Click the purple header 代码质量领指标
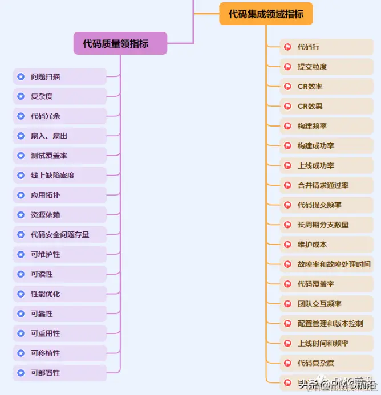(x=120, y=43)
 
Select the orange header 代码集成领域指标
(x=266, y=14)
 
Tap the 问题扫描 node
(x=60, y=76)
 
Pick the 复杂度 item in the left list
(x=60, y=96)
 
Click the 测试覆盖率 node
(x=60, y=156)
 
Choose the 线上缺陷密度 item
(x=60, y=176)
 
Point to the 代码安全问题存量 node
(x=60, y=234)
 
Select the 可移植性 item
(x=60, y=353)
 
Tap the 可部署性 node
(x=60, y=373)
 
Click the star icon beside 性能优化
(x=21, y=294)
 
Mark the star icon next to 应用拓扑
(x=21, y=195)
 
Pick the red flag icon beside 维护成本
(x=288, y=245)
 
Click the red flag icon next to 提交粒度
(x=288, y=67)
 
